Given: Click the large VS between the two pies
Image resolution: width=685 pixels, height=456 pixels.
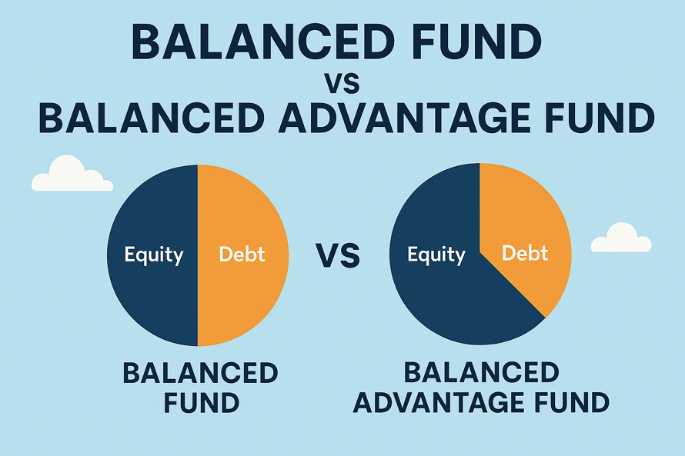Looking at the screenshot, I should pyautogui.click(x=338, y=255).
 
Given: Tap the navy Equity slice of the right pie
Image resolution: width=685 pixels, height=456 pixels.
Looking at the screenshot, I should pyautogui.click(x=446, y=300).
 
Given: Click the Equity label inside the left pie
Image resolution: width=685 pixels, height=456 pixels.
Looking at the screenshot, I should pyautogui.click(x=154, y=255).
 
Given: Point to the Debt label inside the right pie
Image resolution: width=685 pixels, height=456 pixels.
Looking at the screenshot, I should pyautogui.click(x=525, y=253).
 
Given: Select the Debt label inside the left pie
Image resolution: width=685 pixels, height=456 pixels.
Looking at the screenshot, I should pyautogui.click(x=242, y=255).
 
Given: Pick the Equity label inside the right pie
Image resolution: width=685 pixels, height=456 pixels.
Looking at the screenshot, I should pyautogui.click(x=436, y=255).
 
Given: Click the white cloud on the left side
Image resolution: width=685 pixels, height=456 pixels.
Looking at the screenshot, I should pyautogui.click(x=71, y=175).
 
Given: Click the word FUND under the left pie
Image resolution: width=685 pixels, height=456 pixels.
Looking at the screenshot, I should pyautogui.click(x=200, y=401).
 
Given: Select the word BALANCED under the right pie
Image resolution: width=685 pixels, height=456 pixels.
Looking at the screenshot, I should pyautogui.click(x=481, y=373).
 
